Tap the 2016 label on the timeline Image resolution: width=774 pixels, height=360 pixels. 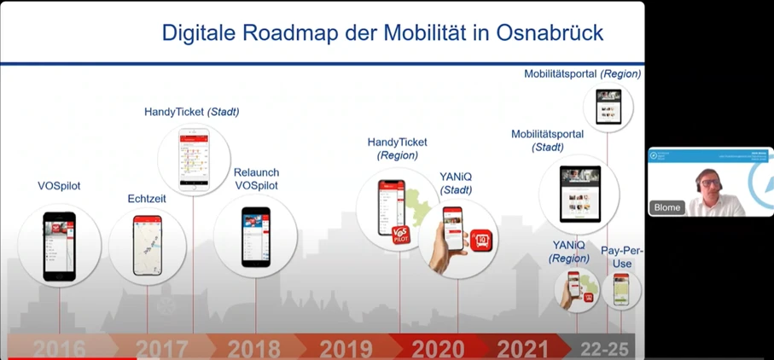tap(60, 349)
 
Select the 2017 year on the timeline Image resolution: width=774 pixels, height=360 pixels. tap(162, 349)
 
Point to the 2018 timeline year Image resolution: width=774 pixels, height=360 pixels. tap(254, 349)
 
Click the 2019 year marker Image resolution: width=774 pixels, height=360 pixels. tap(346, 349)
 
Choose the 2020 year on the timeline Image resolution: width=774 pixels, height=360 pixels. tap(439, 349)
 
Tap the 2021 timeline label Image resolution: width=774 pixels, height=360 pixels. tap(523, 349)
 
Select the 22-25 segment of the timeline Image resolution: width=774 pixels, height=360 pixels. tap(604, 349)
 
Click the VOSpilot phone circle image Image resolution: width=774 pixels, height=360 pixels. tap(60, 246)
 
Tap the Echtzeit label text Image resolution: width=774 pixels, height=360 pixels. tap(147, 199)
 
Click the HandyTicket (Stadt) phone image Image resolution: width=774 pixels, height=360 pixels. tap(194, 160)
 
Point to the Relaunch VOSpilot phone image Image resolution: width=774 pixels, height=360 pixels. tap(255, 236)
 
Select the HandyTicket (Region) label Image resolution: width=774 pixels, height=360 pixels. tap(398, 148)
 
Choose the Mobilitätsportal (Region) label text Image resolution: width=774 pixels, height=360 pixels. tap(582, 74)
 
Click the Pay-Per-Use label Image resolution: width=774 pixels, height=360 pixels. tap(622, 257)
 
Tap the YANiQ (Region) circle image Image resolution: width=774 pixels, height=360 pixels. tap(576, 289)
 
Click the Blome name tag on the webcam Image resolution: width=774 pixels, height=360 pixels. tap(667, 207)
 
